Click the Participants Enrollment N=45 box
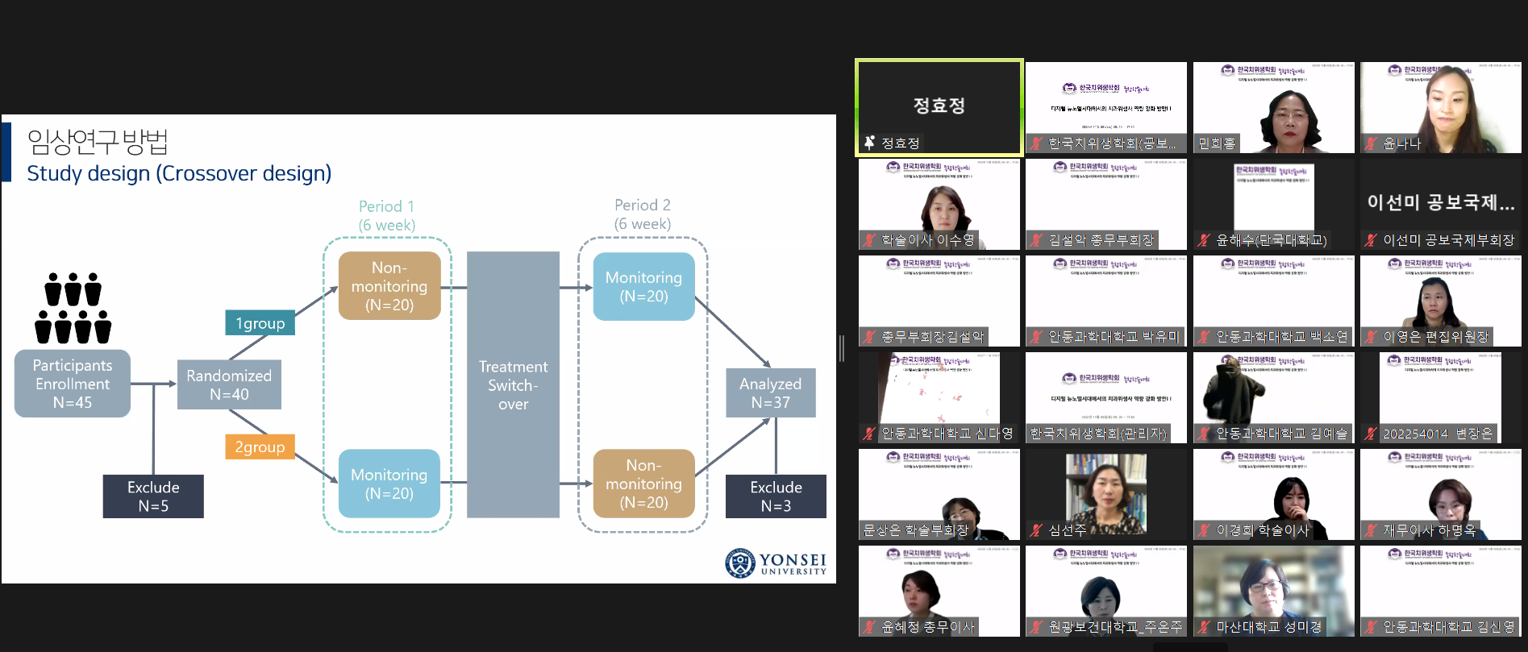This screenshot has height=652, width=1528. pos(73,384)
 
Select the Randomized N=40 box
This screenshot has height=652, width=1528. pos(229,385)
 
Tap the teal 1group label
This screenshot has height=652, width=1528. pos(260,323)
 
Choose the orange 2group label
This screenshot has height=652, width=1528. pos(260,446)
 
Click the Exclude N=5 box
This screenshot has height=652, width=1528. pos(153,496)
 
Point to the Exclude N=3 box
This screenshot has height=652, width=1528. pos(776,496)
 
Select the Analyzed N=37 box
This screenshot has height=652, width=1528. pos(770,392)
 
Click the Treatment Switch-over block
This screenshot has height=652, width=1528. pos(513,384)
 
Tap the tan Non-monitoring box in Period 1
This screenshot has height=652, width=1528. pos(389,286)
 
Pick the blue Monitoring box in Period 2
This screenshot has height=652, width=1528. pos(643,287)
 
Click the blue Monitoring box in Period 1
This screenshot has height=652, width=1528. pos(389,484)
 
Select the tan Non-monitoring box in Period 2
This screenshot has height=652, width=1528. pos(643,484)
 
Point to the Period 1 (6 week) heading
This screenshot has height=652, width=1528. pos(387,215)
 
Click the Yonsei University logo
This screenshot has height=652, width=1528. pos(776,563)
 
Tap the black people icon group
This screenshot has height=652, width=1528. pos(73,309)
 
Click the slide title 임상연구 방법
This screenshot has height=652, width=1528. pos(98,142)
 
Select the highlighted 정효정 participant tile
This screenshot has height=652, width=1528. pos(939,106)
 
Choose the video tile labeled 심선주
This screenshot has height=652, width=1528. pos(1105,494)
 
